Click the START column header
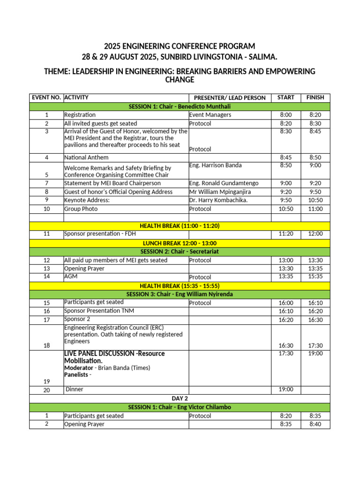[x=285, y=97]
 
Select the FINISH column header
[x=315, y=97]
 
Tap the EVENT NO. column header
[x=46, y=97]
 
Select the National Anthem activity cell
[x=86, y=157]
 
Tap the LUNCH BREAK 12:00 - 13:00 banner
[x=180, y=243]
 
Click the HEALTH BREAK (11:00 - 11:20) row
[x=180, y=226]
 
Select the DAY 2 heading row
[x=180, y=398]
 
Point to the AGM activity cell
[x=71, y=277]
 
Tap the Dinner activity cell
[x=75, y=389]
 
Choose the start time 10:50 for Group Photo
[x=285, y=209]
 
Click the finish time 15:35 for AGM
[x=315, y=277]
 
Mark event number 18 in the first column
[x=46, y=346]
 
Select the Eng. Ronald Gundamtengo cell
[x=224, y=183]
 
